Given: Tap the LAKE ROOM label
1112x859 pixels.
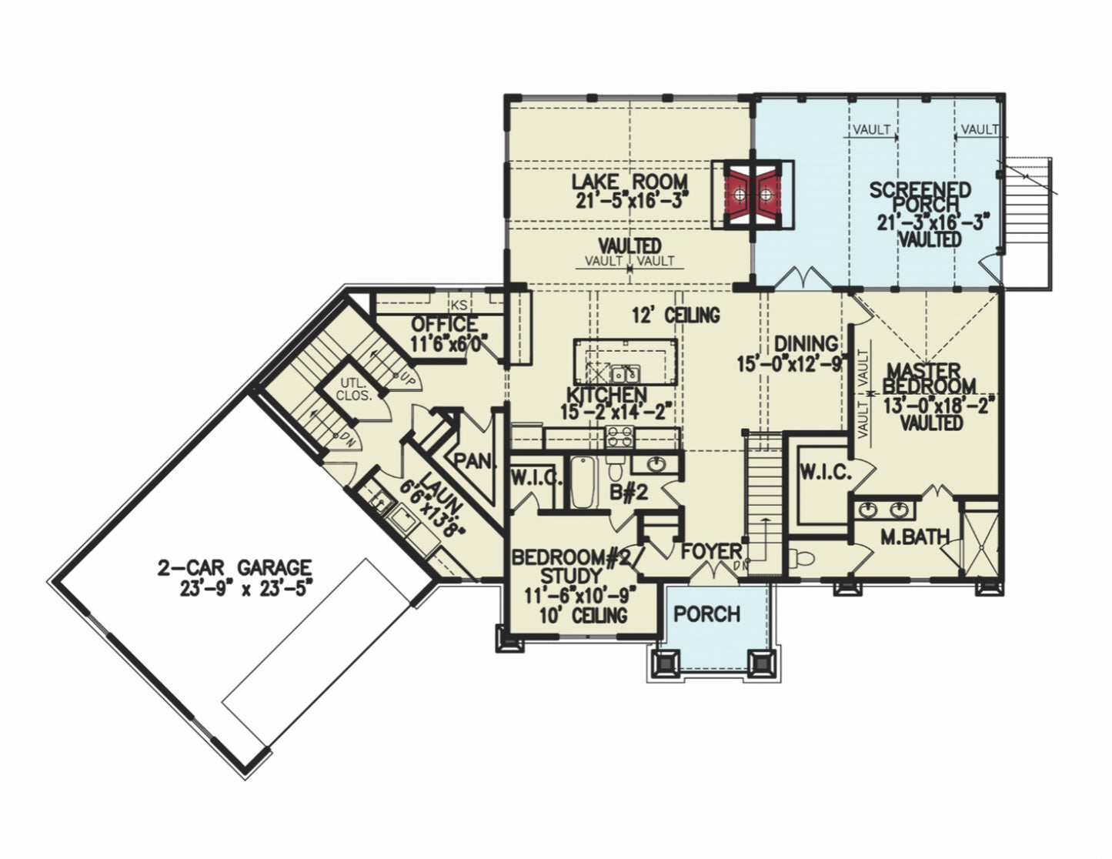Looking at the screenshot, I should pos(629,182).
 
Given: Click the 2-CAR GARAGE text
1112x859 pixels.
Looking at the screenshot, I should pos(235,569).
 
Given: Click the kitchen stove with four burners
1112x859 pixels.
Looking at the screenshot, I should pos(620,437).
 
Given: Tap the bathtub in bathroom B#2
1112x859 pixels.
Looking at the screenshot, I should pos(583,483).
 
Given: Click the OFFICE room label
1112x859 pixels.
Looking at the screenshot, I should pos(444,324).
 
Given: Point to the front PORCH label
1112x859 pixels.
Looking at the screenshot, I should pos(707,614).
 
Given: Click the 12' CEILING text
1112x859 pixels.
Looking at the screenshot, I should pos(676,315).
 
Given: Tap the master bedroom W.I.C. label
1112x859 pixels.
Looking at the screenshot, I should pos(825,473).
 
